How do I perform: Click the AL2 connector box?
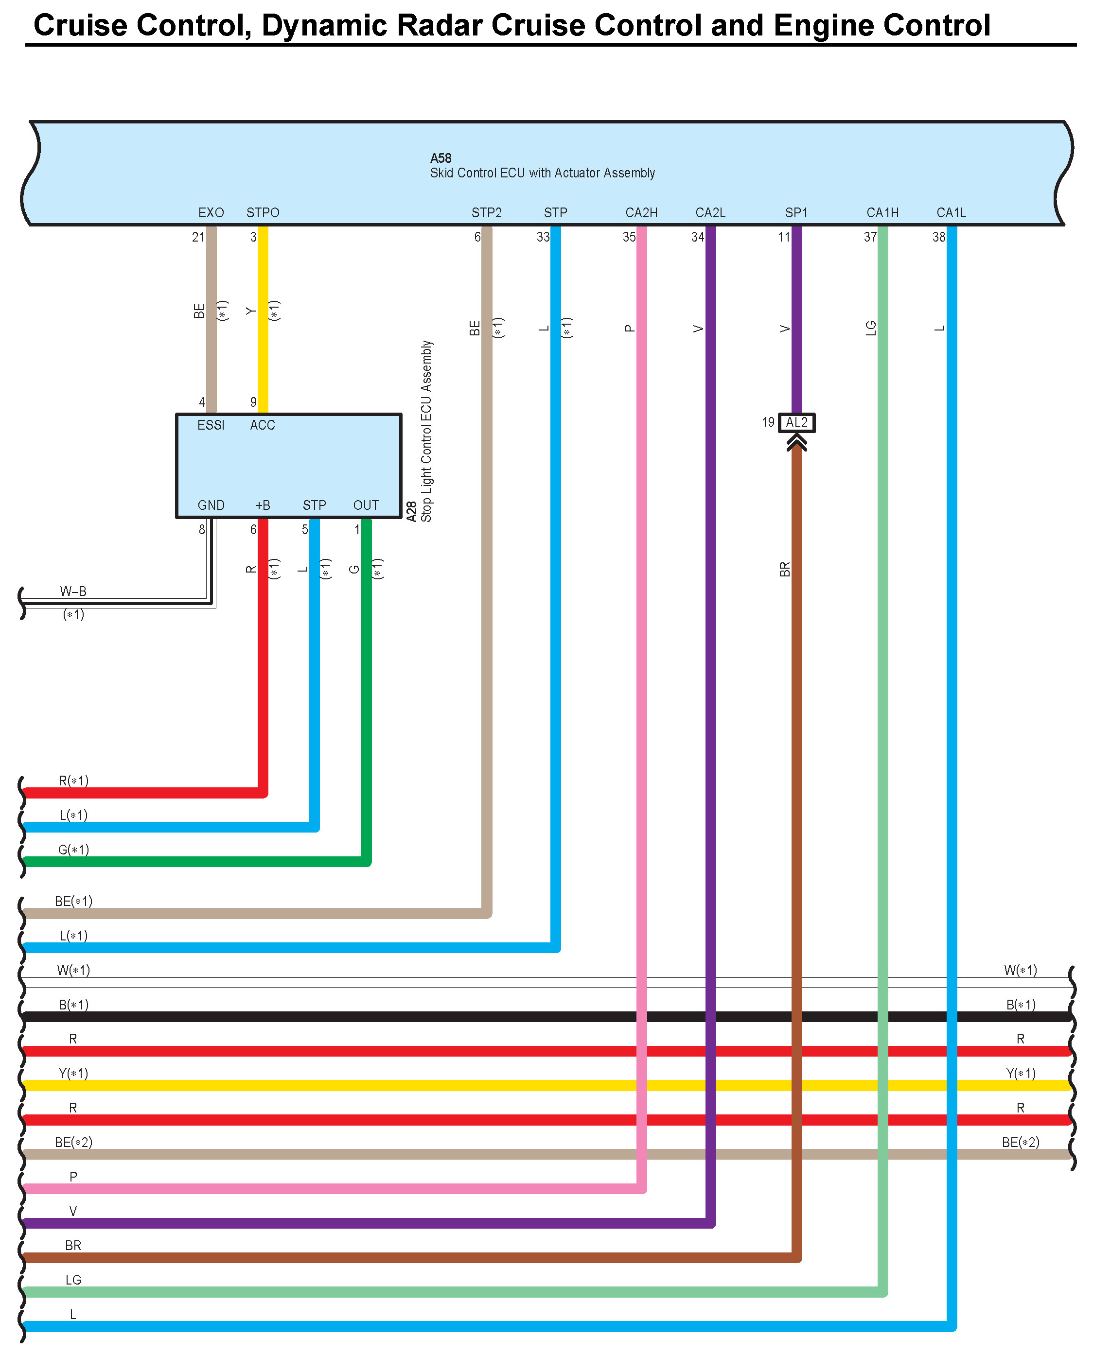click(796, 422)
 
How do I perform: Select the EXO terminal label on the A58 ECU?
click(211, 213)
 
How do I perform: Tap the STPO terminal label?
click(263, 213)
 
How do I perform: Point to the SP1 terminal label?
click(796, 213)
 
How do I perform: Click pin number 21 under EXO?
click(198, 237)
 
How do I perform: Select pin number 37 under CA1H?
click(870, 237)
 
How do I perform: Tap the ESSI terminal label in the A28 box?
click(211, 425)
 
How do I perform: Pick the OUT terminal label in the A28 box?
click(366, 505)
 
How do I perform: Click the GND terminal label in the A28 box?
click(211, 505)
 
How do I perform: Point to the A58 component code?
click(441, 158)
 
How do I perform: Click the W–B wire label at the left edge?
click(73, 591)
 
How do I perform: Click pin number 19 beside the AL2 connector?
click(768, 422)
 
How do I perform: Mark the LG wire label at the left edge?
click(73, 1280)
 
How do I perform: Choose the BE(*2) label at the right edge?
click(1020, 1142)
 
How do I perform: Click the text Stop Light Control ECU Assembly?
click(427, 431)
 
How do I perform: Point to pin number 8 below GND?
click(202, 530)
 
